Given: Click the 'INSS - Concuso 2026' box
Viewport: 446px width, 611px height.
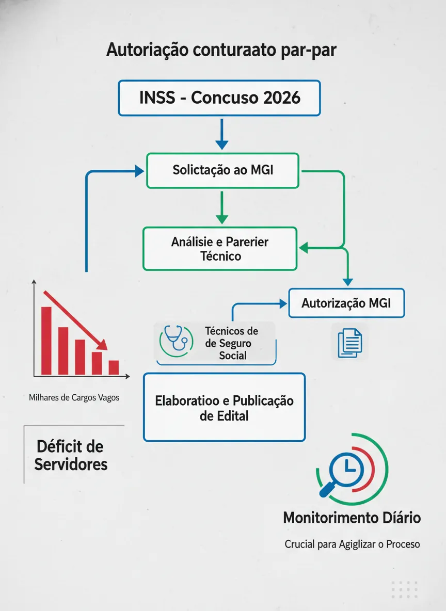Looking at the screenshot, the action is click(219, 98).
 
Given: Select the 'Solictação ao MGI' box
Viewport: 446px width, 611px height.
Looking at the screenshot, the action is click(222, 171).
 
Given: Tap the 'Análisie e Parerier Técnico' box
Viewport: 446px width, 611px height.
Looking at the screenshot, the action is click(220, 249).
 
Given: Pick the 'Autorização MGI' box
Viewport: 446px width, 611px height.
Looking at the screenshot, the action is click(346, 303).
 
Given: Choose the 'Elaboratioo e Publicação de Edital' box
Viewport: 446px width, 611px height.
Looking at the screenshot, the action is click(224, 407).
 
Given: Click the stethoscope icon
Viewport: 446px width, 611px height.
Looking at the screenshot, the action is click(176, 341).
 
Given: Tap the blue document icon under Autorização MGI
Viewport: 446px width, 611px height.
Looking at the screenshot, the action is click(349, 343).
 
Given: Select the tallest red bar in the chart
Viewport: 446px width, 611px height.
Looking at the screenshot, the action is click(46, 341).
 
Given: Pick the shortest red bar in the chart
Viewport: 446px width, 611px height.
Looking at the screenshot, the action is click(114, 368).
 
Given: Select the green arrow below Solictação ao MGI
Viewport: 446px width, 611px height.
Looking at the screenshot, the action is click(221, 207).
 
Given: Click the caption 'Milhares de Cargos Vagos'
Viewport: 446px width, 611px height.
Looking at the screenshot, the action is click(74, 398).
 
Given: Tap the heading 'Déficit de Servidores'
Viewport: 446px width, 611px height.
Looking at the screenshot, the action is click(71, 456).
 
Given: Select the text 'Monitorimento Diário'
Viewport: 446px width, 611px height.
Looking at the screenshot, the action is click(352, 518).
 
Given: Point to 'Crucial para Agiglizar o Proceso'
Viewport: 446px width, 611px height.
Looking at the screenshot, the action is click(352, 544).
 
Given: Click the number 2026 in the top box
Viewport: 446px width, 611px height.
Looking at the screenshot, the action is click(282, 98).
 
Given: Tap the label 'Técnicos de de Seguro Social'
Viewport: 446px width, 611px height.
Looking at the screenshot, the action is click(232, 343).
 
